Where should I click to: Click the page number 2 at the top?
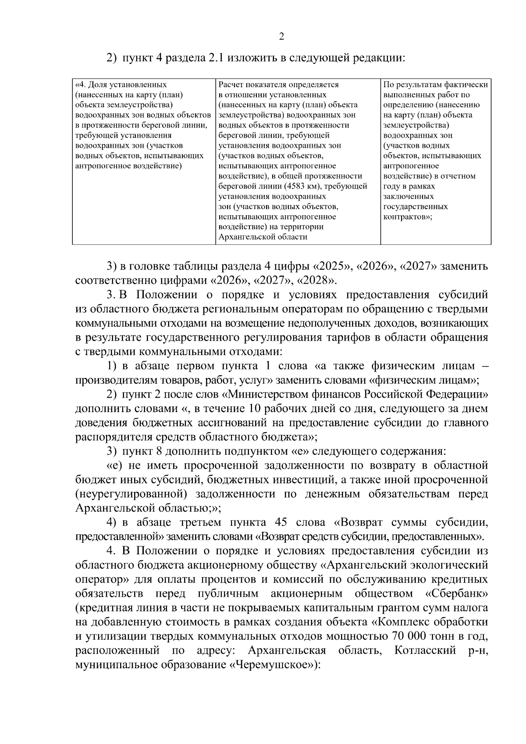281,37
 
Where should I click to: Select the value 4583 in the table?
296,186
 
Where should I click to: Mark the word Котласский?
425,650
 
